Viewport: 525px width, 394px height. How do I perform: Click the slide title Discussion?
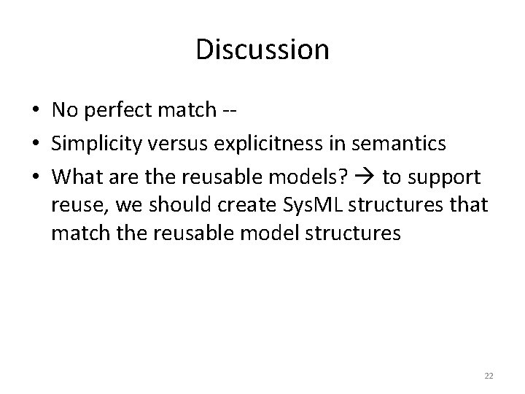[x=262, y=50]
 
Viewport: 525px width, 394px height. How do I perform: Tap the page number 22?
[x=489, y=376]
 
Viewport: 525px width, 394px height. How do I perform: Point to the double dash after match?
[x=229, y=111]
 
